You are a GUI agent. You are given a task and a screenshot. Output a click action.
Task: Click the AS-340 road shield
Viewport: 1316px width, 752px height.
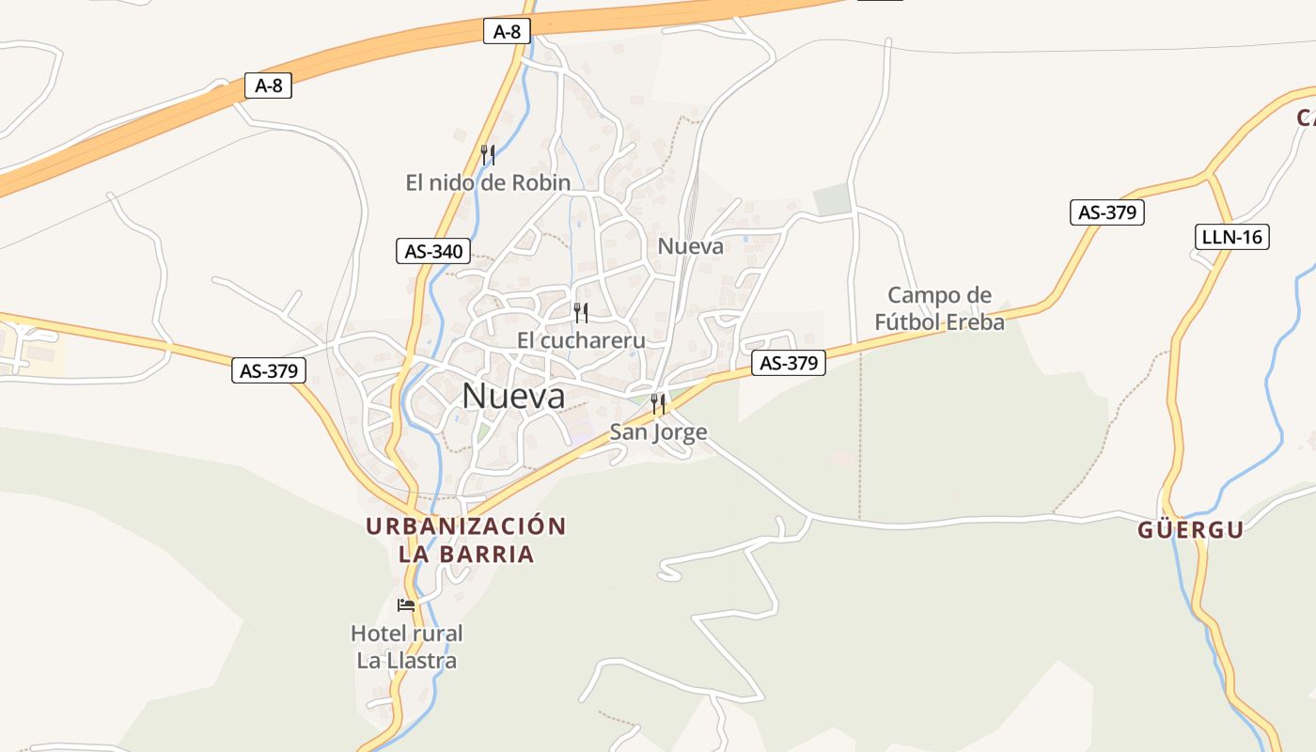click(x=433, y=251)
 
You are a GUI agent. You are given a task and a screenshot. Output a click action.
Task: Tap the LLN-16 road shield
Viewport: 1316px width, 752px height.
click(x=1231, y=236)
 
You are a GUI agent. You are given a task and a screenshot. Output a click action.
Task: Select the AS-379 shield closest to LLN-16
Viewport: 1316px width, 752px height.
click(x=1107, y=211)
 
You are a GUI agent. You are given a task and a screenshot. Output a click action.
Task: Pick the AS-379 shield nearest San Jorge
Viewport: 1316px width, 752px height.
click(x=789, y=363)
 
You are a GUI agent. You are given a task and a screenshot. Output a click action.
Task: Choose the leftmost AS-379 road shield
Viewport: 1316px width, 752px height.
click(x=269, y=370)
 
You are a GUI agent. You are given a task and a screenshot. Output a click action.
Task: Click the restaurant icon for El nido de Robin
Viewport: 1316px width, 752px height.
click(x=487, y=155)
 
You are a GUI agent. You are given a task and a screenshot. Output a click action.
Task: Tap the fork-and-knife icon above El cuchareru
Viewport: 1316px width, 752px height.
click(x=581, y=313)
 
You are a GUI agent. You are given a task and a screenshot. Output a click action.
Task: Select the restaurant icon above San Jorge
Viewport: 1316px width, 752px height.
click(x=658, y=404)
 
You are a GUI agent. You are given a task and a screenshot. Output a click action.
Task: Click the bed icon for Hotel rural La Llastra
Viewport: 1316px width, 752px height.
click(x=406, y=604)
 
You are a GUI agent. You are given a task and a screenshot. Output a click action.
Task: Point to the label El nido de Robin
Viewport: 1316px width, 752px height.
click(x=488, y=182)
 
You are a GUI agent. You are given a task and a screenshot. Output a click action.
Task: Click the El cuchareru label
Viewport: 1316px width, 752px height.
click(x=581, y=339)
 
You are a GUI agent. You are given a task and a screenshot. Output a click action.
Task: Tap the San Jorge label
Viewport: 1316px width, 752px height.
click(x=658, y=431)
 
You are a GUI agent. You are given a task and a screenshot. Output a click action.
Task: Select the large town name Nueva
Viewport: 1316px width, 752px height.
click(x=513, y=396)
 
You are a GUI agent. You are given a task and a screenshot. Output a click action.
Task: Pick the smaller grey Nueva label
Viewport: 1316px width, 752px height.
click(x=691, y=246)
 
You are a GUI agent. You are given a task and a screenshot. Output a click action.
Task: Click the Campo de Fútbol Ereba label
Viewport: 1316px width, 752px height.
click(x=939, y=308)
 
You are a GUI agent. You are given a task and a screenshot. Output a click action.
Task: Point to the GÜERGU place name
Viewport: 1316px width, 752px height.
click(x=1190, y=529)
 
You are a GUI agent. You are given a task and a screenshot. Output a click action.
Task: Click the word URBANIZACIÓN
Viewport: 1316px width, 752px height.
click(x=466, y=525)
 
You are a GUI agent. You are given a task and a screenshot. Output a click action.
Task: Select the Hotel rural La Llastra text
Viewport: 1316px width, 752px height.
click(x=407, y=647)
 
